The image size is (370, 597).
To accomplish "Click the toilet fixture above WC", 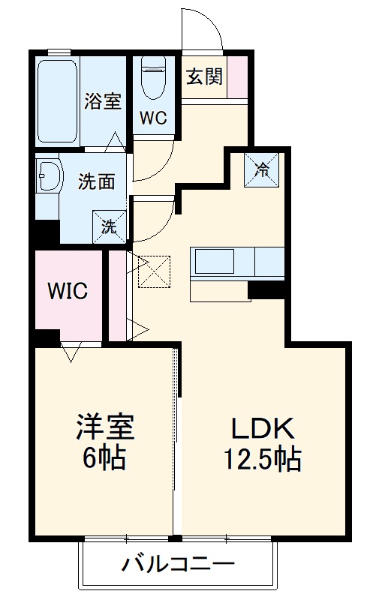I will click(x=153, y=79).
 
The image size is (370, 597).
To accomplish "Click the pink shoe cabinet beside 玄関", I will click(x=237, y=77).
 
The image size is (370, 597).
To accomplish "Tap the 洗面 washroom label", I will click(x=96, y=182).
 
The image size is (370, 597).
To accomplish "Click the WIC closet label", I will click(x=68, y=290).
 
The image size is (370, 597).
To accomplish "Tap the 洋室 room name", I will click(x=104, y=427).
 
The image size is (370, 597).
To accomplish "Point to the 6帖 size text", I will click(x=104, y=456).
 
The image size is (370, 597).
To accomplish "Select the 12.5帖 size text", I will click(x=263, y=457).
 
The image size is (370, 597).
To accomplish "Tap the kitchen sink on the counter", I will click(x=215, y=262).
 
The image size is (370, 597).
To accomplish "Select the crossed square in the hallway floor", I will click(x=155, y=271).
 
